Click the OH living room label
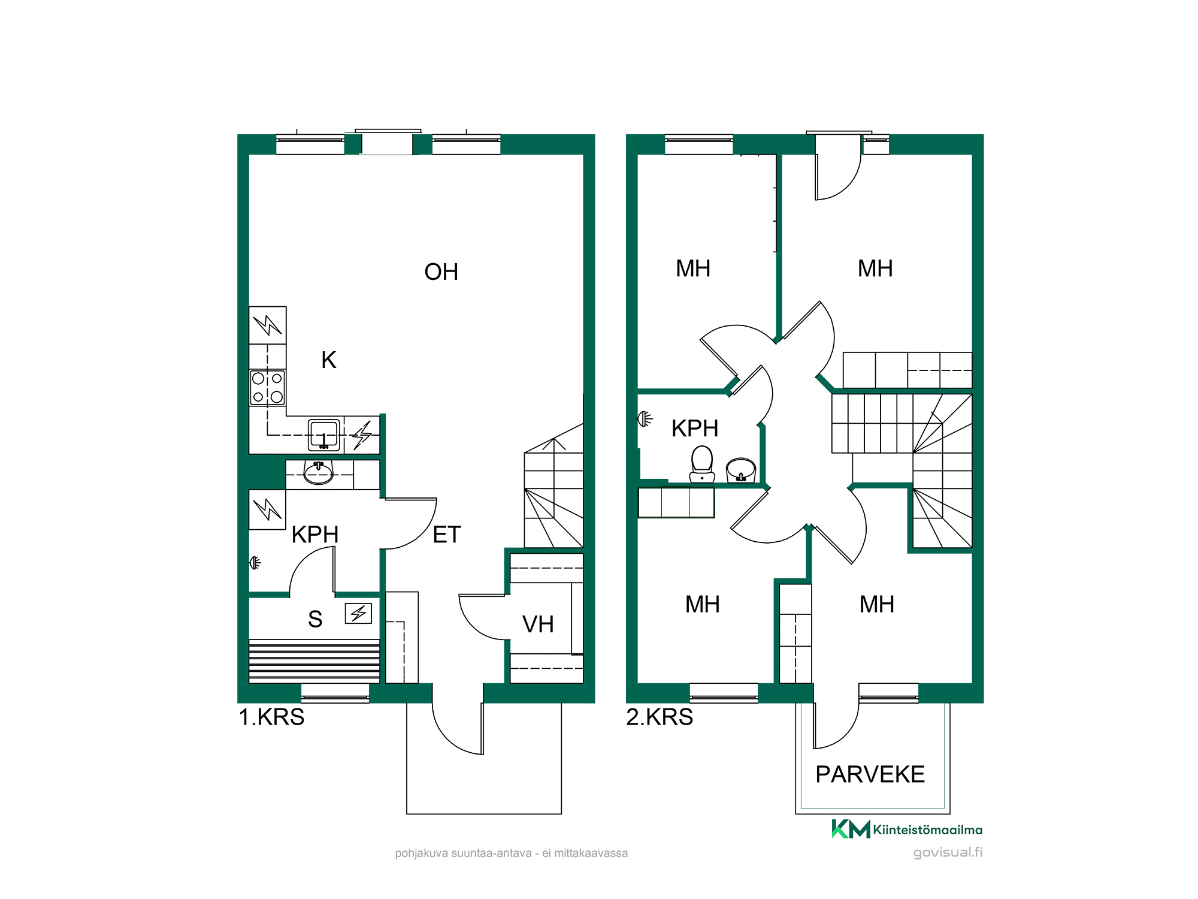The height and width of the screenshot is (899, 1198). click(x=441, y=272)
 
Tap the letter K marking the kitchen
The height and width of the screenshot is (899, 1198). click(x=329, y=360)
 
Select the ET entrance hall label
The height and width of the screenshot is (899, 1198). click(x=447, y=535)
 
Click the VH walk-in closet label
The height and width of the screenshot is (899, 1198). click(x=538, y=625)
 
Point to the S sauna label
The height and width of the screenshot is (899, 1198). click(x=315, y=619)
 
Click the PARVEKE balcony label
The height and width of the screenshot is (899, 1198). click(x=870, y=774)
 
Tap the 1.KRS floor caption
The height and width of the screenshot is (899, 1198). click(x=271, y=717)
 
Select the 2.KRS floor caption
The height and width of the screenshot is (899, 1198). click(x=659, y=717)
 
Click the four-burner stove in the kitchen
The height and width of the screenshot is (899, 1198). click(x=267, y=388)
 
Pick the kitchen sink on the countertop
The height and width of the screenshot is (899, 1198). click(x=324, y=435)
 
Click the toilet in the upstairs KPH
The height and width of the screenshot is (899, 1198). click(x=702, y=464)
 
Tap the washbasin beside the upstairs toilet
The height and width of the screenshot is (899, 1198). click(x=741, y=470)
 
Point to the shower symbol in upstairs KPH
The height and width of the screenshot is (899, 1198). click(x=645, y=418)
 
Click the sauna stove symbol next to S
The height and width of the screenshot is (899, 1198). click(x=358, y=613)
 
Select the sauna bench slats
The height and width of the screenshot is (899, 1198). click(x=314, y=660)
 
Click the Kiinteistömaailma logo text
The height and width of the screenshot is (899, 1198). click(x=927, y=830)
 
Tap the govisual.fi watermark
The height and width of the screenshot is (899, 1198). click(x=948, y=852)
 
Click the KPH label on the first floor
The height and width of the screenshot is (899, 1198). click(x=315, y=535)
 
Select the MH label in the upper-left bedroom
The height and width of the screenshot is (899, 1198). click(x=693, y=269)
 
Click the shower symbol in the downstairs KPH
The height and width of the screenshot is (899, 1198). click(x=256, y=563)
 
